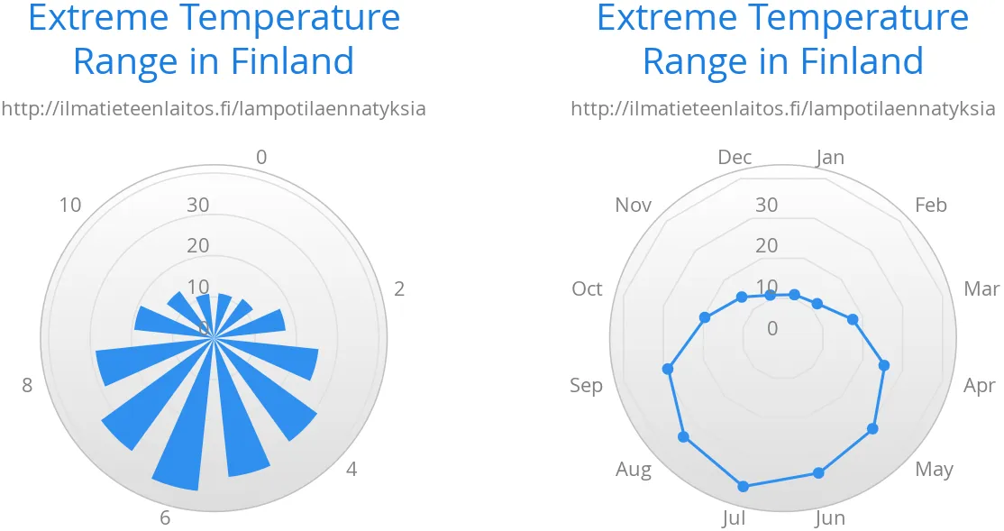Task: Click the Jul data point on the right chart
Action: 743,486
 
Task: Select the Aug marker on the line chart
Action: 683,437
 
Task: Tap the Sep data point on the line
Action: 668,368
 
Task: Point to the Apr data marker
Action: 884,365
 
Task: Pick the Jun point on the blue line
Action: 818,472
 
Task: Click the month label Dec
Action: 735,157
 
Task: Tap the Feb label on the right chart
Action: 931,205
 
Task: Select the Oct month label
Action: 587,288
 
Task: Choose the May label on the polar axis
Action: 934,469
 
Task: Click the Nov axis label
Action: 633,205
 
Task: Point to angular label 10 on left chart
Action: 70,205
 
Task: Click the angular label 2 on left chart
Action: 399,288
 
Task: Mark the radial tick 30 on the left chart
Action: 198,205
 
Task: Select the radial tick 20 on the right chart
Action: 767,245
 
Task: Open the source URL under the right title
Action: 782,109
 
